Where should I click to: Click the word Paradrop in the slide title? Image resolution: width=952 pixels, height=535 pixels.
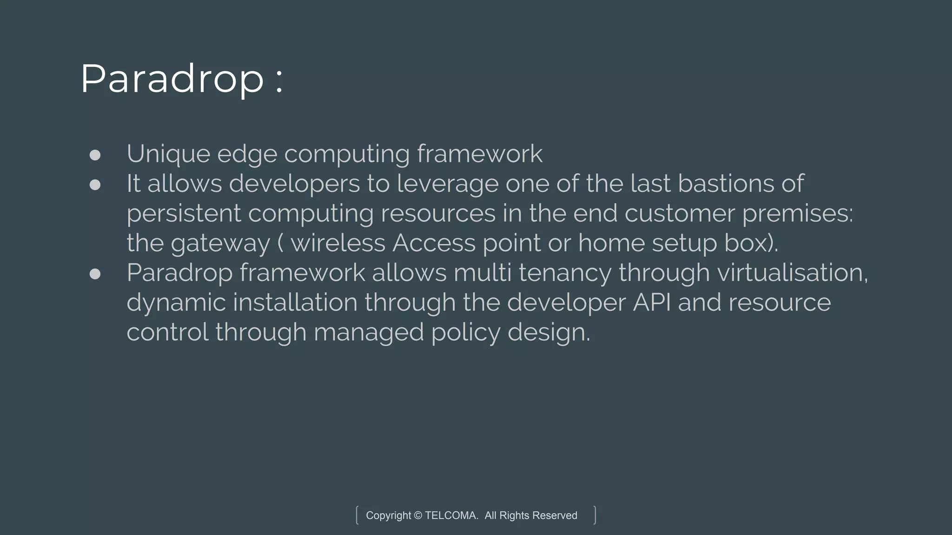[172, 79]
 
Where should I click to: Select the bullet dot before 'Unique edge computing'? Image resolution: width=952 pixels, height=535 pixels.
[95, 155]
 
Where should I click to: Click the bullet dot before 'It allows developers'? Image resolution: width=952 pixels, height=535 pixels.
[95, 185]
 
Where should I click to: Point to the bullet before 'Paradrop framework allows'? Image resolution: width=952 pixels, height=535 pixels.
[95, 274]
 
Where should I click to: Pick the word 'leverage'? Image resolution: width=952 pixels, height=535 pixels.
[447, 184]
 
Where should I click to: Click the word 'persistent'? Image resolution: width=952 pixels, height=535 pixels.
[184, 214]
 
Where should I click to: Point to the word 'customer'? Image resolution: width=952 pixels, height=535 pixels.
[679, 214]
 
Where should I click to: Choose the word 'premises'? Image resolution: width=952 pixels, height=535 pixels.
[797, 214]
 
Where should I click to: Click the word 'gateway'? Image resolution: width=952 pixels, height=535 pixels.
[220, 244]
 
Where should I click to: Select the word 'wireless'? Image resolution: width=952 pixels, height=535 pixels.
[338, 243]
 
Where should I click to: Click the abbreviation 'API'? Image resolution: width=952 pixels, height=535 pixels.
[652, 302]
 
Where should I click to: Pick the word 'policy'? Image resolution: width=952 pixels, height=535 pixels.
[465, 333]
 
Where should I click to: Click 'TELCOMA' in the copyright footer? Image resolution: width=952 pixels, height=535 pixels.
[451, 515]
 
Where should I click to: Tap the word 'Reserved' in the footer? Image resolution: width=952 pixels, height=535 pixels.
[555, 515]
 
